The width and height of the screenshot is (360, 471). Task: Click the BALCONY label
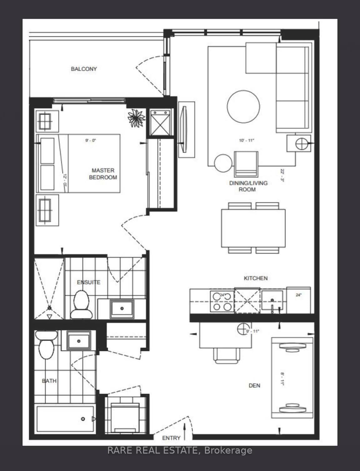pyautogui.click(x=84, y=69)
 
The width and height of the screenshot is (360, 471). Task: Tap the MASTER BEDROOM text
pyautogui.click(x=103, y=174)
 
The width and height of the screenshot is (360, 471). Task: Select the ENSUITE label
pyautogui.click(x=88, y=282)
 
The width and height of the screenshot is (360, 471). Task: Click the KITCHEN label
pyautogui.click(x=256, y=278)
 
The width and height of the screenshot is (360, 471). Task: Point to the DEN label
pyautogui.click(x=254, y=386)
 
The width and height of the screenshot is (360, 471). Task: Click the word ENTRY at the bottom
pyautogui.click(x=171, y=438)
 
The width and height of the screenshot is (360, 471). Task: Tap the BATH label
pyautogui.click(x=49, y=381)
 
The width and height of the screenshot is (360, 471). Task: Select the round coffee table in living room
pyautogui.click(x=243, y=107)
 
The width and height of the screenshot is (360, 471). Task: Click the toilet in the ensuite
pyautogui.click(x=81, y=304)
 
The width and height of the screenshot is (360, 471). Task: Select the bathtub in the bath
pyautogui.click(x=65, y=419)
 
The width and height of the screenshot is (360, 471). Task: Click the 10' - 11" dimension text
pyautogui.click(x=247, y=141)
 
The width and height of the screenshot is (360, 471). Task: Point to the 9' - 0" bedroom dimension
pyautogui.click(x=91, y=141)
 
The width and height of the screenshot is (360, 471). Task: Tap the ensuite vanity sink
pyautogui.click(x=122, y=308)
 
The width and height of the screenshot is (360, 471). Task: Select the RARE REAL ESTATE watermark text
pyautogui.click(x=180, y=450)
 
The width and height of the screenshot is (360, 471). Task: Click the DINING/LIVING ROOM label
pyautogui.click(x=248, y=186)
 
